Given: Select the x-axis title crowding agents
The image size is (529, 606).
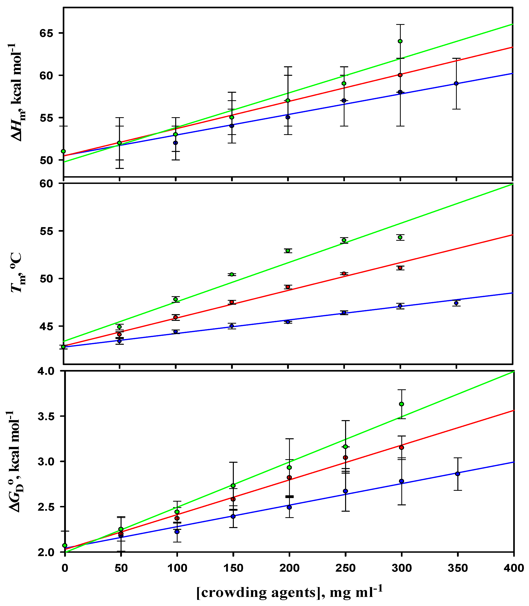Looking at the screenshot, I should coord(289,592).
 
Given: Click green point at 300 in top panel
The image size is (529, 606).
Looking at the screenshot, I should coord(400,41).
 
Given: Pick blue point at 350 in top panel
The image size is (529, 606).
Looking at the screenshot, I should coord(456,83).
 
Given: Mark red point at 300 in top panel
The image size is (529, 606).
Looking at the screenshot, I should coord(400,75).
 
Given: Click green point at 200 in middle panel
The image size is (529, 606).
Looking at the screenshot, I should coord(288,251).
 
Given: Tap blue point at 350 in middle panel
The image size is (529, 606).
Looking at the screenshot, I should coord(456,303).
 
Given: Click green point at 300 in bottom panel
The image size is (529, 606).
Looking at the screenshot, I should coord(402,404).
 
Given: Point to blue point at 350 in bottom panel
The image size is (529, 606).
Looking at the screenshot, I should coord(458,474).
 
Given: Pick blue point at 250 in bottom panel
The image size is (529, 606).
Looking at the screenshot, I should coord(345,491).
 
